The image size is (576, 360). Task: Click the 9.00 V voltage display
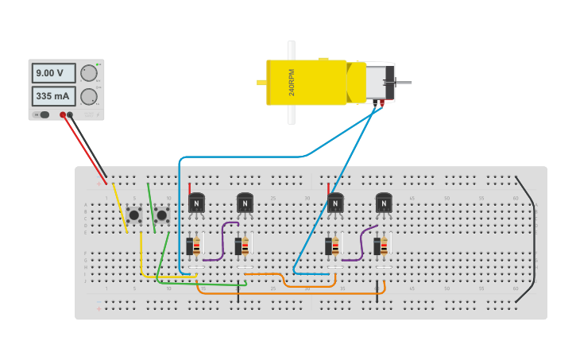[x=53, y=73]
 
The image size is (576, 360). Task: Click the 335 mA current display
[x=53, y=97]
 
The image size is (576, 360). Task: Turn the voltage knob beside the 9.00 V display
[x=89, y=73]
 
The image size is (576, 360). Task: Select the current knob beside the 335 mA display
[x=89, y=97]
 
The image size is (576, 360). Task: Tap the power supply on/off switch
[x=43, y=115]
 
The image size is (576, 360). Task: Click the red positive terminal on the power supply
[x=63, y=115]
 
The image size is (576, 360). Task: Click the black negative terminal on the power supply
[x=71, y=115]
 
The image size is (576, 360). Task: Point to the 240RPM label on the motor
[x=292, y=83]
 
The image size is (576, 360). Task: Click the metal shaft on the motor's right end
[x=403, y=83]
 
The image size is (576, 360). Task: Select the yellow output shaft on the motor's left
[x=261, y=83]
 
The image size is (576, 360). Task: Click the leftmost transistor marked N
[x=196, y=203]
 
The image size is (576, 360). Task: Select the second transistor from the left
[x=245, y=203]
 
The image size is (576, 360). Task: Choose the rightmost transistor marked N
[x=384, y=203]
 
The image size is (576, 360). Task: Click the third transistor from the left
[x=335, y=203]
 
